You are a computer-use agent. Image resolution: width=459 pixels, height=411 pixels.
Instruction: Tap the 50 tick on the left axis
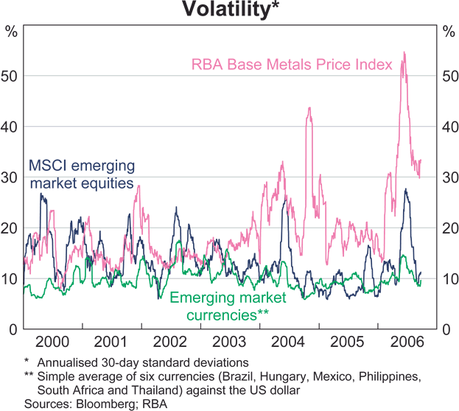(11, 76)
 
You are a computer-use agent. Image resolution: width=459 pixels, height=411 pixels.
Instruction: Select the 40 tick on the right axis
(448, 127)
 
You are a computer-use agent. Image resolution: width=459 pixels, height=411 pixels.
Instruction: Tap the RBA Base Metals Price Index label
(292, 65)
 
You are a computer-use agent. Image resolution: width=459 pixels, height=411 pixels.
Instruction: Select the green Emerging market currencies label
(229, 306)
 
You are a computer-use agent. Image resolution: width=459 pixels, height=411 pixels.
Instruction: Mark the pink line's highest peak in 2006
(404, 52)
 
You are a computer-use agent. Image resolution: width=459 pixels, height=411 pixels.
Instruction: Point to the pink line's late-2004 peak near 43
(309, 108)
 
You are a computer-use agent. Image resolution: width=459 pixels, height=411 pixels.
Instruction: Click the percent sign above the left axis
(11, 31)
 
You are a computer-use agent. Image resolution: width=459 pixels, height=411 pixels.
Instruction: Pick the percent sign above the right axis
(448, 31)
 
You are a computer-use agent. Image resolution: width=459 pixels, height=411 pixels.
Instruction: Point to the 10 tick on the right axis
(448, 279)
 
